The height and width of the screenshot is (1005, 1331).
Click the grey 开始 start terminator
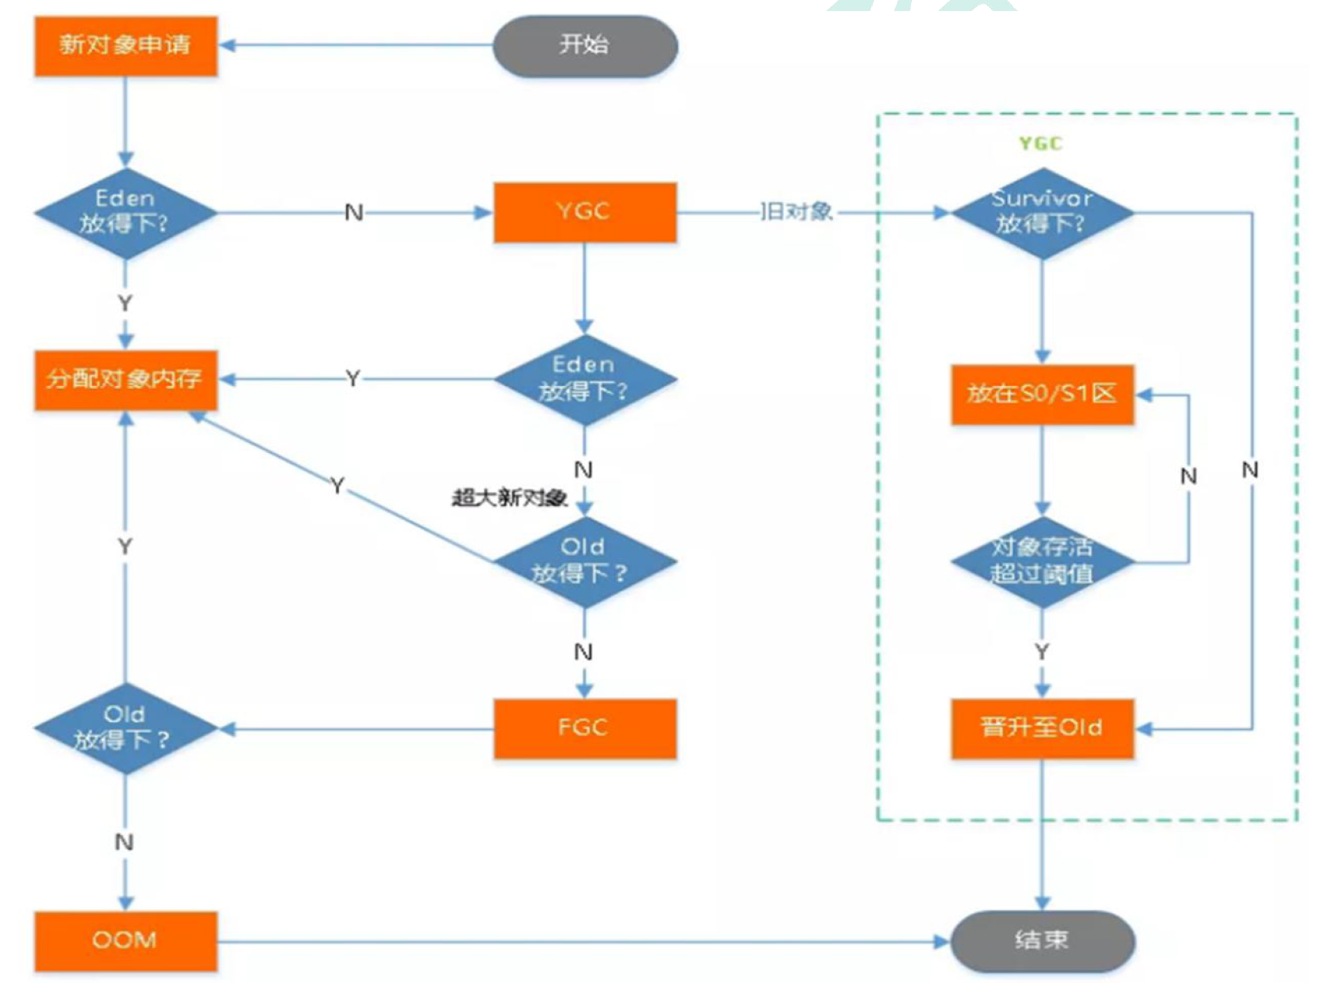pos(585,46)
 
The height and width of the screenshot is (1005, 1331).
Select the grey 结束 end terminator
pos(1042,940)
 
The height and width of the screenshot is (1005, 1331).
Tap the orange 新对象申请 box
pos(125,46)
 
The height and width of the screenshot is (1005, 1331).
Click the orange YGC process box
pos(585,212)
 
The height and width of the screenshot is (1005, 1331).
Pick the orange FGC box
pos(585,728)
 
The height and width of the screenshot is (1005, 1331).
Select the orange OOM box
pos(125,941)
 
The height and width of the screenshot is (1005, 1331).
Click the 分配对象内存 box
pos(125,380)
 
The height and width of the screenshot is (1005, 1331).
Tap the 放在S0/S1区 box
pos(1042,395)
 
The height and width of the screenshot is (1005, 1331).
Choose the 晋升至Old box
pos(1042,728)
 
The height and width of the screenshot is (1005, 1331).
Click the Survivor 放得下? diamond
pos(1042,213)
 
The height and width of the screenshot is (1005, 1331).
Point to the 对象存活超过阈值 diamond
pos(1042,561)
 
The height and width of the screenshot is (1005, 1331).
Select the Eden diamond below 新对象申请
pos(125,213)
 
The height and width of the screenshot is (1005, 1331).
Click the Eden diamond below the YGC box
pos(585,380)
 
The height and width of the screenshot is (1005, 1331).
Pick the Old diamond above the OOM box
pos(125,728)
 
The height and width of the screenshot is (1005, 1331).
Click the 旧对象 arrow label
pos(796,212)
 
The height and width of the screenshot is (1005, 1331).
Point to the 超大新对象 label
pos(509,498)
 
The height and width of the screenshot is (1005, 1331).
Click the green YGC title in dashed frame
pos(1040,144)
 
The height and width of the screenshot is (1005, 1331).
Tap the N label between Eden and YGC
pos(354,213)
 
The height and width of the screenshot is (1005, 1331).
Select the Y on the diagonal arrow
pos(337,485)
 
